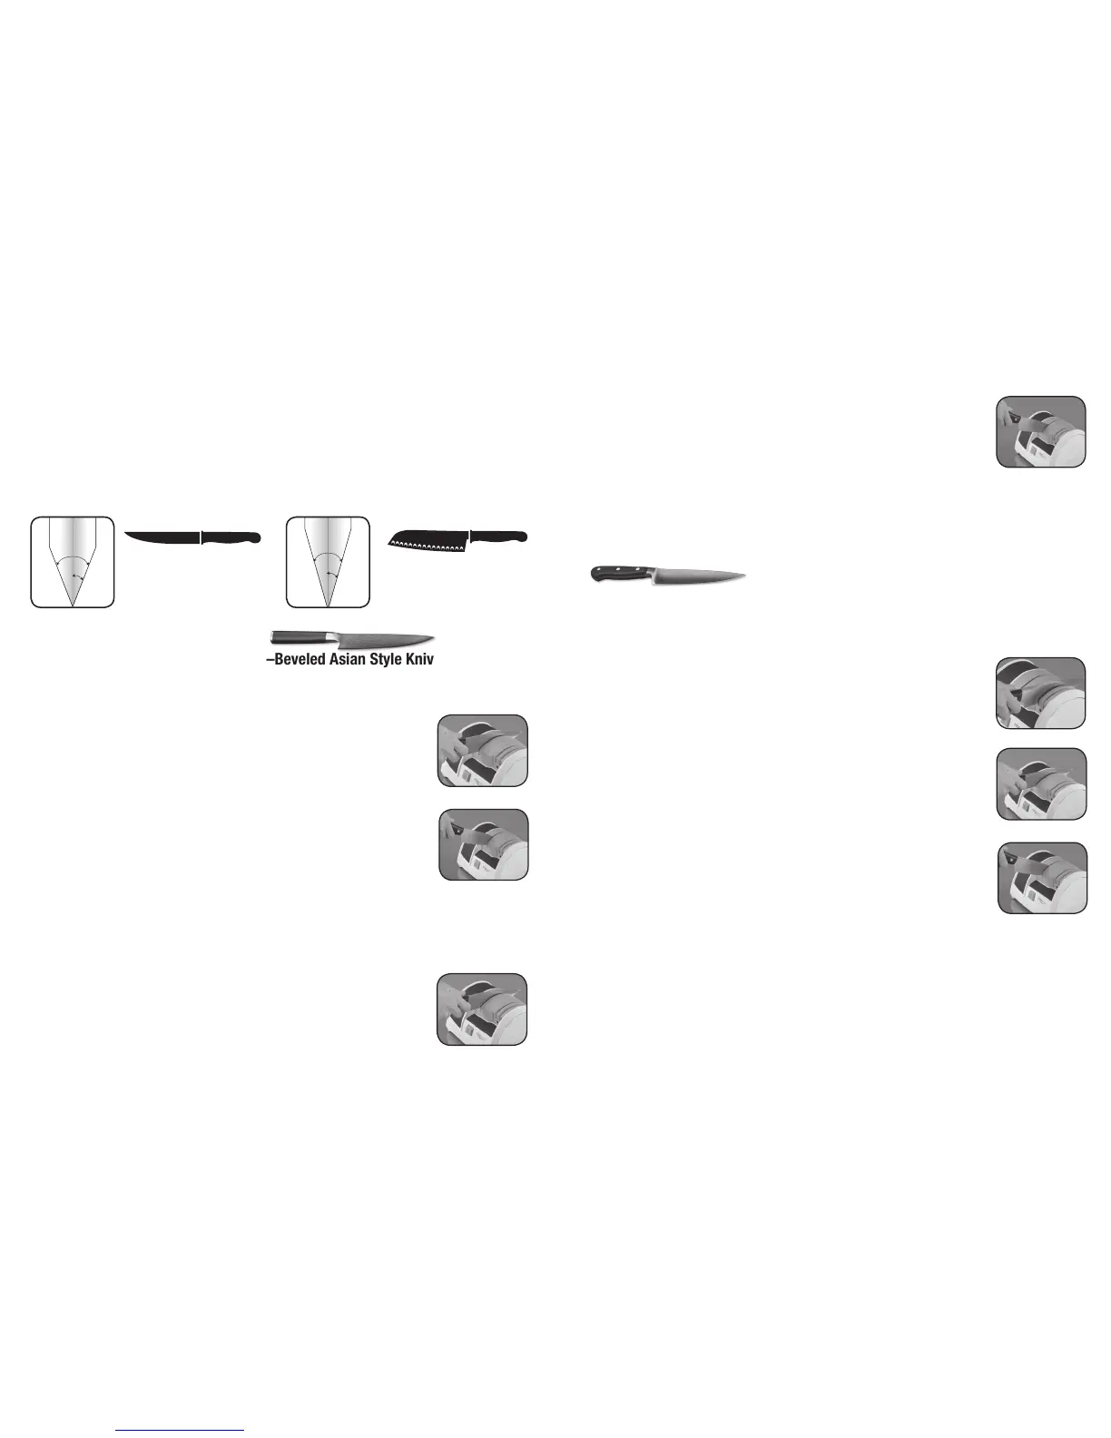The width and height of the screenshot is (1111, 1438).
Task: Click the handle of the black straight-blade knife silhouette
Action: tap(232, 537)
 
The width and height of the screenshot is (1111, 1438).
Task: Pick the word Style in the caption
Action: tap(385, 659)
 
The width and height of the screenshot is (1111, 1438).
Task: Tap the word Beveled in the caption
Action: tap(298, 659)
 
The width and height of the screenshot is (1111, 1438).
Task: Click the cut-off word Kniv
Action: tap(420, 659)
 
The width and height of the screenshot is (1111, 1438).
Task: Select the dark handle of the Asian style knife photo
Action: tap(298, 637)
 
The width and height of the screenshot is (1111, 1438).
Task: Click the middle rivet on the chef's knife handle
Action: tap(615, 573)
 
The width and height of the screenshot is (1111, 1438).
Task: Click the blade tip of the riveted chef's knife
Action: tap(744, 575)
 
